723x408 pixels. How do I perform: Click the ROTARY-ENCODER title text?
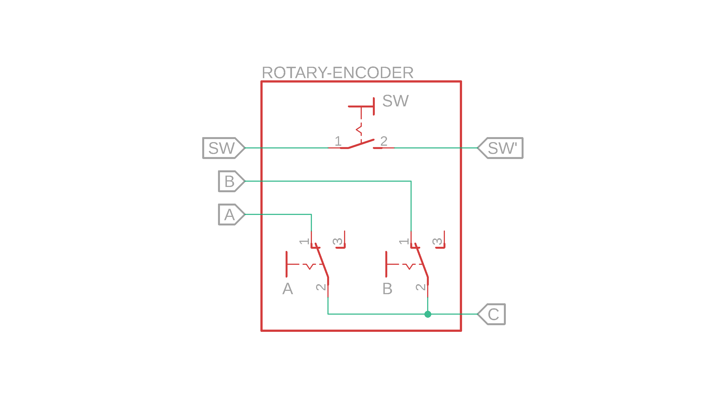pos(337,73)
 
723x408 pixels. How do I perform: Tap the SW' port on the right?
pos(501,148)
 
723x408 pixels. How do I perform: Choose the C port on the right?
pos(492,314)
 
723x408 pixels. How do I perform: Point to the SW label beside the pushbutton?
pos(396,101)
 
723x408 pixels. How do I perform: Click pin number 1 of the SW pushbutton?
pos(338,141)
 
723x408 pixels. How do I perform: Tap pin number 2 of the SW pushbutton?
pos(384,141)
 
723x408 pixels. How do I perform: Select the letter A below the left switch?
pos(288,289)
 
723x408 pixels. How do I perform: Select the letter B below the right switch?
pos(387,289)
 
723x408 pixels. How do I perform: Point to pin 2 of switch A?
pos(321,287)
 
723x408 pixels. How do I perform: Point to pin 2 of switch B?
pos(421,287)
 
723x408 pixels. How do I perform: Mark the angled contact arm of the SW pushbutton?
pos(361,144)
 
